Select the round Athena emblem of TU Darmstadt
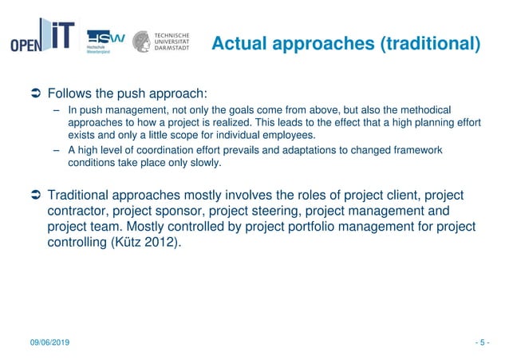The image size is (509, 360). [141, 42]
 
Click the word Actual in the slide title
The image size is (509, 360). [238, 43]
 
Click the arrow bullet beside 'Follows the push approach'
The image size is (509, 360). [34, 92]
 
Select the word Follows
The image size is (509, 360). [73, 91]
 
